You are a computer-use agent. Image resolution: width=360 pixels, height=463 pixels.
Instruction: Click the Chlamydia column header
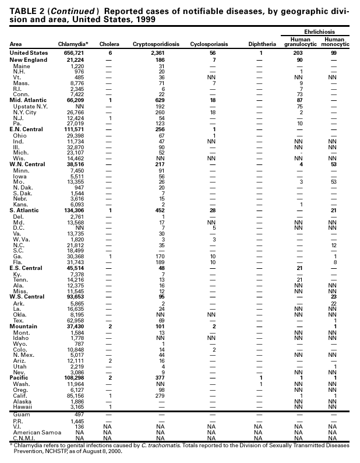pyautogui.click(x=73, y=44)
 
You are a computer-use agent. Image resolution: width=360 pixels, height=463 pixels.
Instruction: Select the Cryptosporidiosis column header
pyautogui.click(x=156, y=44)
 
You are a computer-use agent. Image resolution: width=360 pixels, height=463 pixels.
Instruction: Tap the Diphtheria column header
pyautogui.click(x=262, y=44)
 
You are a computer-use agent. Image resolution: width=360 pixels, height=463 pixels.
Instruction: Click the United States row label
pyautogui.click(x=29, y=53)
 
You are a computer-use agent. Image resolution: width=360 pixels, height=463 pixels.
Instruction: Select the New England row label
pyautogui.click(x=27, y=60)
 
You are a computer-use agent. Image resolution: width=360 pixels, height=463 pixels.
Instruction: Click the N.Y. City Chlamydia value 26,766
pyautogui.click(x=76, y=112)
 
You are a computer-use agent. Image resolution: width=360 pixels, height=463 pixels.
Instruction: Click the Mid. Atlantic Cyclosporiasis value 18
pyautogui.click(x=212, y=101)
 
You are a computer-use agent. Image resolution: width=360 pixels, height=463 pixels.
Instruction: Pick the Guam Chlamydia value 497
pyautogui.click(x=80, y=413)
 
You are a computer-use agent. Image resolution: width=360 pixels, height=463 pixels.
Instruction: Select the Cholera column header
pyautogui.click(x=110, y=44)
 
